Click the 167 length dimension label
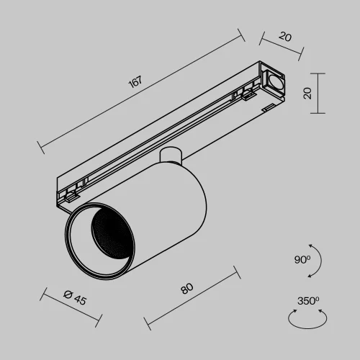point(134,81)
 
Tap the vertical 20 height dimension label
point(307,93)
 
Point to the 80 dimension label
point(186,289)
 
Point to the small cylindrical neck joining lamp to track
point(171,157)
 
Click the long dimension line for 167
point(141,92)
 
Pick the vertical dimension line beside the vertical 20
point(318,93)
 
